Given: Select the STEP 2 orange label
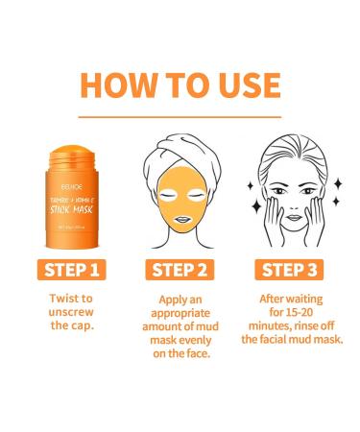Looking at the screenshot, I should coord(180,268).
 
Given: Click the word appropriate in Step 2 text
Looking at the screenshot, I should coord(180,312).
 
